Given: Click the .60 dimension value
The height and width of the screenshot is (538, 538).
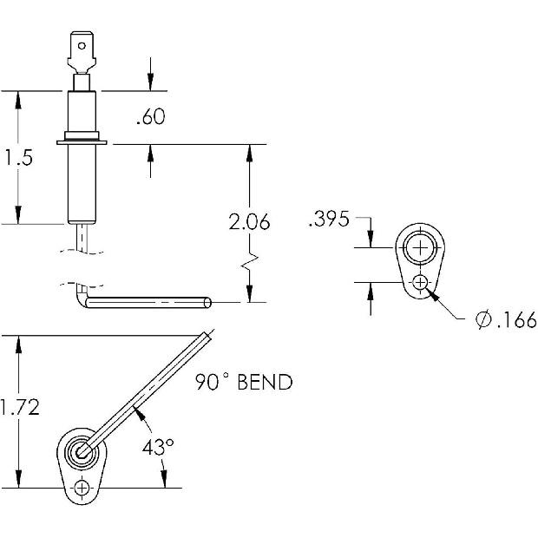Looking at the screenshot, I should coord(151,116).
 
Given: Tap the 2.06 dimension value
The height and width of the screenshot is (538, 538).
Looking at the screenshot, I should coord(250,222).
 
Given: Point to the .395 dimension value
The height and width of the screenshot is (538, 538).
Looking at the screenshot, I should coord(328,220).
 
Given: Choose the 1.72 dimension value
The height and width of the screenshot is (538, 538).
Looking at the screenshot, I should coord(18,407).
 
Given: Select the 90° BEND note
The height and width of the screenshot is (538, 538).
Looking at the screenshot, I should coord(243,382).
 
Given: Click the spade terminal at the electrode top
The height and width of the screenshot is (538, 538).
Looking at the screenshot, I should coord(82,54).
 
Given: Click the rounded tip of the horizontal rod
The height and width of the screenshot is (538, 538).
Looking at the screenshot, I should coord(208,302).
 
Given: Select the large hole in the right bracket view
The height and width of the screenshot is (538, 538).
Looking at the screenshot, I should coord(422,248).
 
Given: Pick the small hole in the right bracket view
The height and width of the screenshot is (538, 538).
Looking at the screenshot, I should coord(422,282).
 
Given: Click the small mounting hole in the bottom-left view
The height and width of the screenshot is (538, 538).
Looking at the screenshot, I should coord(82,488).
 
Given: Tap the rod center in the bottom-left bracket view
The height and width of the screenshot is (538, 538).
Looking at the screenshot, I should coord(83,451).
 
